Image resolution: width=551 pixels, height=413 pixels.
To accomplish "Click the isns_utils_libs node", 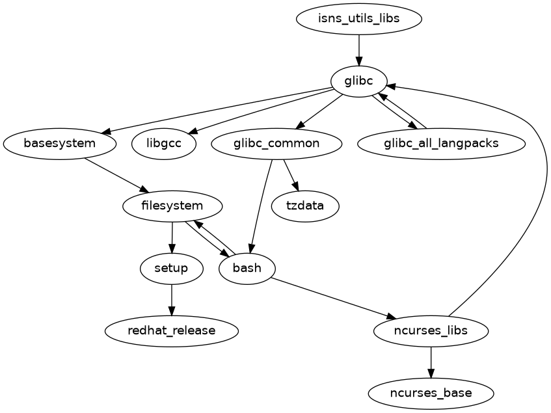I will click(358, 19).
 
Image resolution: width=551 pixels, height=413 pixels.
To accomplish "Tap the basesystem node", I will click(60, 144).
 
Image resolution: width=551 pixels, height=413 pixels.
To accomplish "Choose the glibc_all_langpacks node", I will click(441, 144).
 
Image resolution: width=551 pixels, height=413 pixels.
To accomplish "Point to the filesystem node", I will click(172, 206).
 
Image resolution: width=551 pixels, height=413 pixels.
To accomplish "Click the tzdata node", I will click(304, 206).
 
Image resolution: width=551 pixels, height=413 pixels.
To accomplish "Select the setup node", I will click(172, 268).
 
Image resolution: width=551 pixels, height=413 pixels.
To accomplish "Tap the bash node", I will click(247, 268).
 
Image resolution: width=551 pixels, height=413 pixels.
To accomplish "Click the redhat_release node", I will click(172, 330).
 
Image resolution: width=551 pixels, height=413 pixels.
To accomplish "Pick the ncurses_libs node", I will click(431, 330).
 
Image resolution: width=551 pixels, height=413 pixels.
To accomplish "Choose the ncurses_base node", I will click(431, 393).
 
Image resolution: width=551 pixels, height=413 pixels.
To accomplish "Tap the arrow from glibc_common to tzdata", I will click(291, 175).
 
